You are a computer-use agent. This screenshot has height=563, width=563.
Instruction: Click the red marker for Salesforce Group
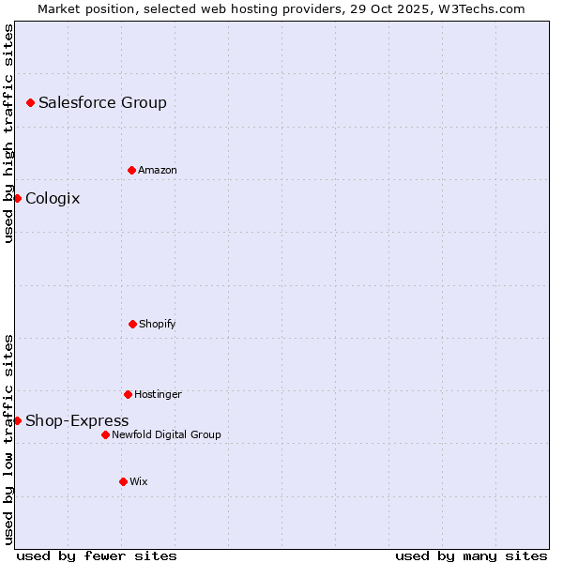(x=30, y=102)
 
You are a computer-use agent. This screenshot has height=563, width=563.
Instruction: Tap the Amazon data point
(x=131, y=170)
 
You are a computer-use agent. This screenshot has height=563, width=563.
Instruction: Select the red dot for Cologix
(x=17, y=198)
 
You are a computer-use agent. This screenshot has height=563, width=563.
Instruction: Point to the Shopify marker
(x=132, y=324)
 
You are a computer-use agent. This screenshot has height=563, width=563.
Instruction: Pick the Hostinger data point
(x=128, y=394)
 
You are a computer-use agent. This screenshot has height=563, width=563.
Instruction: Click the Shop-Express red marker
(x=17, y=420)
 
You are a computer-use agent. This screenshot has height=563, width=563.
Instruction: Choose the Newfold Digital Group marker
(x=105, y=434)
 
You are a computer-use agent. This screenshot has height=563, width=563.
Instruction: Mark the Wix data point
(x=123, y=481)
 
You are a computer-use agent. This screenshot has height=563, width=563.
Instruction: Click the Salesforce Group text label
(x=102, y=102)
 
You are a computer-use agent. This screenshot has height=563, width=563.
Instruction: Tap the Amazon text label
(x=158, y=170)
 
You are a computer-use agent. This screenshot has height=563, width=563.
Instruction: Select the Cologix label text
(x=53, y=198)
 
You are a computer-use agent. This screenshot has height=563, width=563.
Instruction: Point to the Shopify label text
(x=158, y=324)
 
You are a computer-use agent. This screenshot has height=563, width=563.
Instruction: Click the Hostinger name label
(x=158, y=394)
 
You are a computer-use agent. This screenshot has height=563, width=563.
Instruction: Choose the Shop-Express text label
(x=77, y=420)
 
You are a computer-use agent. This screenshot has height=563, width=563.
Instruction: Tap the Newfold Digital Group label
(x=166, y=434)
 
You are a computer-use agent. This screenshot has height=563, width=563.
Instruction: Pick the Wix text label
(x=139, y=481)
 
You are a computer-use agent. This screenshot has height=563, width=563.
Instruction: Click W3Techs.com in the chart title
(x=479, y=8)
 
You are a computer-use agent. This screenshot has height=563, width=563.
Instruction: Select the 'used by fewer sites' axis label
(x=97, y=555)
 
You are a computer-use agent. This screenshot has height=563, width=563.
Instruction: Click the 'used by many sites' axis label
(x=471, y=555)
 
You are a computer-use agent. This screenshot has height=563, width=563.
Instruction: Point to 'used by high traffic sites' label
(x=8, y=133)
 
